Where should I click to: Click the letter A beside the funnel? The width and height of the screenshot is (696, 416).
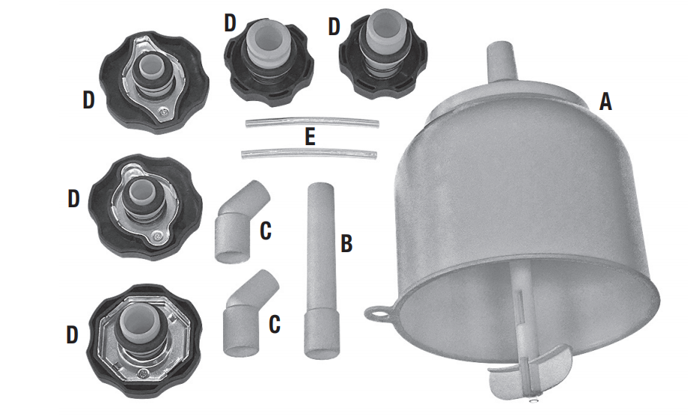pos(605,102)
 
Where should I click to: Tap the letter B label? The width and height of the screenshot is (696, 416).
pos(347,243)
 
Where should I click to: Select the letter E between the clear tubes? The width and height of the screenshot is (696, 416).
pos(311,136)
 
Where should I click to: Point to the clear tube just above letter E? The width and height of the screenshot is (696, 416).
pos(313,122)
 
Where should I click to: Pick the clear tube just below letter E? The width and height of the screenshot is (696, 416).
pos(309,153)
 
